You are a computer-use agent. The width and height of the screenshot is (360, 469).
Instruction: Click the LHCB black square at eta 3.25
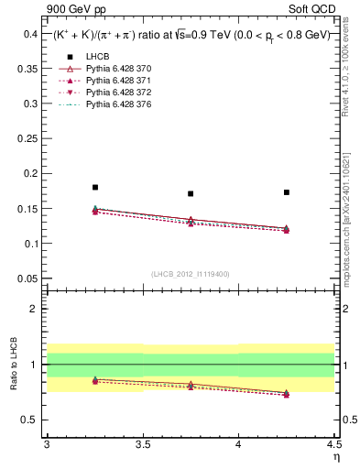click(95, 187)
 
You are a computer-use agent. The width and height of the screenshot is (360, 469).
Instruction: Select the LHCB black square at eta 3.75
click(191, 193)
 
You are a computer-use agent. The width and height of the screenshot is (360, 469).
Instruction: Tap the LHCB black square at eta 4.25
click(287, 192)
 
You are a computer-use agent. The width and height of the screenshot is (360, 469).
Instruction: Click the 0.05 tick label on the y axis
click(28, 278)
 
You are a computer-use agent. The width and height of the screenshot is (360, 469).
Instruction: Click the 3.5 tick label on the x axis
click(142, 444)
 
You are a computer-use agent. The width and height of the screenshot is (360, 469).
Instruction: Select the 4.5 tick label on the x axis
click(333, 444)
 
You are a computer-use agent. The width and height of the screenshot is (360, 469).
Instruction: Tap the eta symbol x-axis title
click(335, 455)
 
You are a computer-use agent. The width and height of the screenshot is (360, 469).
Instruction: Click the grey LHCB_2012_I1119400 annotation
click(191, 274)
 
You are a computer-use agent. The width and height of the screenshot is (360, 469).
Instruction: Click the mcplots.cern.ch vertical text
click(348, 215)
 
